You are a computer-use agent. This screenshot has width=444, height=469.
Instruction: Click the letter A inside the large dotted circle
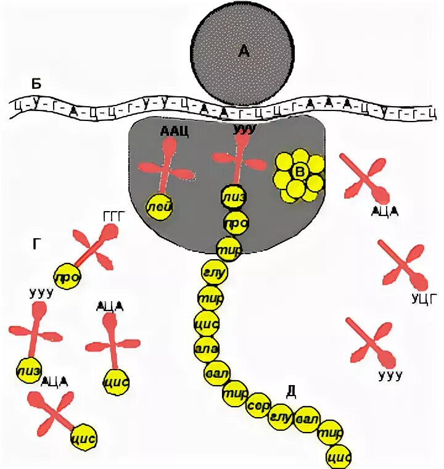(245, 52)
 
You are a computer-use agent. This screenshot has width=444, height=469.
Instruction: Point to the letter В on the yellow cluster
(299, 172)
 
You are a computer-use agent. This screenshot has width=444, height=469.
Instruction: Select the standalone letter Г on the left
(38, 244)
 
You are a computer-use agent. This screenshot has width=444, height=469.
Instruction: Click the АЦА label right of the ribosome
(385, 211)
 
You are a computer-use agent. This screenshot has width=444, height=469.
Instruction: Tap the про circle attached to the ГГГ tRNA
(67, 277)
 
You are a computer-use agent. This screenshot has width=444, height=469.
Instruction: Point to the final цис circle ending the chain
(338, 457)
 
